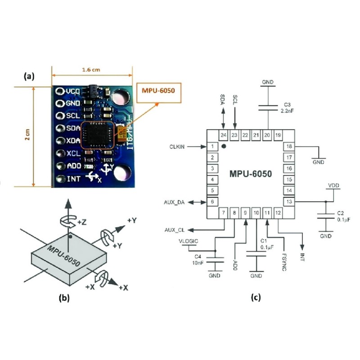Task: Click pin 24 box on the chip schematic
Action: tap(223, 135)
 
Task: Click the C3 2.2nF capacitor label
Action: tap(286, 107)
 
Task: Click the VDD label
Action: tap(333, 186)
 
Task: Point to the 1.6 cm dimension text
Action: tap(92, 70)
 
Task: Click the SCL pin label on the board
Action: tap(72, 116)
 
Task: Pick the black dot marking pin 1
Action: tap(224, 146)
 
